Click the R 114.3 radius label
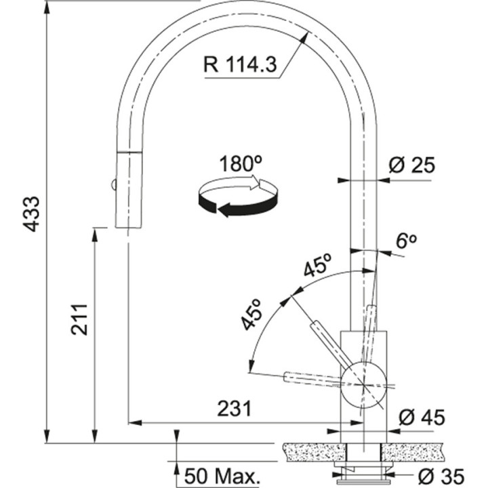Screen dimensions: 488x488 point(239,65)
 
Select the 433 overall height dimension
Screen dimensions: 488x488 point(31,214)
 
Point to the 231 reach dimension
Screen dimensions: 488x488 point(235,409)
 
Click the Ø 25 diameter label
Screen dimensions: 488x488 point(411,165)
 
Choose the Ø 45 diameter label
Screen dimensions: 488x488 point(422,417)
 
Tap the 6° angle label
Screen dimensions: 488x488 point(406,242)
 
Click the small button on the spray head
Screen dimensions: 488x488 point(114,184)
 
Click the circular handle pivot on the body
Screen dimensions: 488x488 point(364,384)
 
